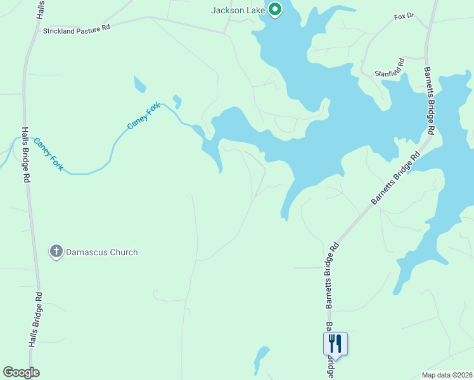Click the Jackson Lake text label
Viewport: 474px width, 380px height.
point(238,10)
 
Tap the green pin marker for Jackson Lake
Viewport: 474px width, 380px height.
point(274,9)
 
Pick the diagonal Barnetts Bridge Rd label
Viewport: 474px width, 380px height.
point(395,179)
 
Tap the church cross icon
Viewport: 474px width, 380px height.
point(56,252)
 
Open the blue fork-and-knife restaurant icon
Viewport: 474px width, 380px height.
point(335,344)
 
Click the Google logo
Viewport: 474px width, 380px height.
point(21,372)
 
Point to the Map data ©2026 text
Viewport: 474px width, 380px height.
point(447,374)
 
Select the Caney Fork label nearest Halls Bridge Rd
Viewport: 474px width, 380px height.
point(49,153)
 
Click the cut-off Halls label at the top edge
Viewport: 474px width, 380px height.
point(41,8)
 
